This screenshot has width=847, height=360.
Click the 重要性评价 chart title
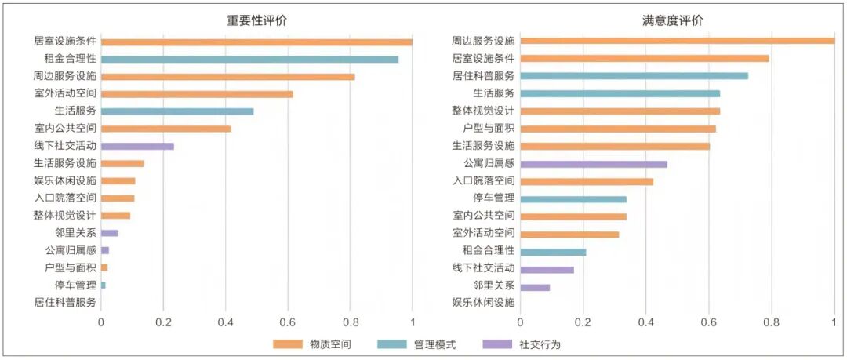(x=256, y=21)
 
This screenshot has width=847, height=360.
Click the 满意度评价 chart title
(x=672, y=21)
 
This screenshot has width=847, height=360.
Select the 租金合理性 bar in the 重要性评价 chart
(x=249, y=59)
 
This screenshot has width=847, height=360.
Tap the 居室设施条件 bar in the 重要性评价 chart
(x=256, y=42)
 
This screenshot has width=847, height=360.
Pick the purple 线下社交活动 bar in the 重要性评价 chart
(x=137, y=146)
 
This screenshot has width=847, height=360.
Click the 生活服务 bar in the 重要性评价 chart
(x=177, y=111)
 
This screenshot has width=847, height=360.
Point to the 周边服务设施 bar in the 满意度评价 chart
(x=677, y=41)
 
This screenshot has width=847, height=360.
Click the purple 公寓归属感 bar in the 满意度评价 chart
(x=594, y=164)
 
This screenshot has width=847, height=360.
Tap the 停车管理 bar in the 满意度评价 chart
(x=573, y=199)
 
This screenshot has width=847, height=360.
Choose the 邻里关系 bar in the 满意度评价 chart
(x=535, y=287)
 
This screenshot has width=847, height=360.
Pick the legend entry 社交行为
(x=533, y=344)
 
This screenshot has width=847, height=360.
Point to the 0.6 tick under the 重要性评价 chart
(x=288, y=321)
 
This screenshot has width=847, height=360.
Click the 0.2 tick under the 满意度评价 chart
(x=583, y=321)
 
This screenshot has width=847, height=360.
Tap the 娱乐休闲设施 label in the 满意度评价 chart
(x=483, y=302)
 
